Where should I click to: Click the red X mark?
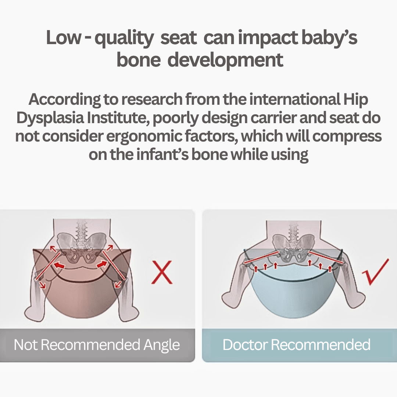click(162, 272)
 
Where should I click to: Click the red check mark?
click(375, 272)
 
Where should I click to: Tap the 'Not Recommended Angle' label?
click(97, 344)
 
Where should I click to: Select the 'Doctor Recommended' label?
click(297, 344)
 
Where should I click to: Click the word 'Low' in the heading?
click(64, 37)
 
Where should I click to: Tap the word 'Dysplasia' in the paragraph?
click(50, 118)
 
